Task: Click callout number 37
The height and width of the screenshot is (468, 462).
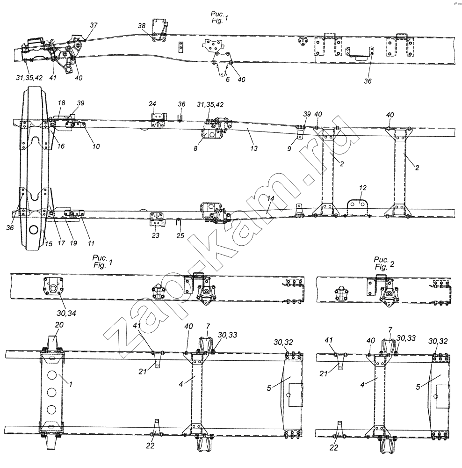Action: coord(94,25)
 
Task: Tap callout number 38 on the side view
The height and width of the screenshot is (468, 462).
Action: coord(141,26)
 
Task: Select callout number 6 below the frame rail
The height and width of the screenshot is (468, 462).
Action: coord(228,79)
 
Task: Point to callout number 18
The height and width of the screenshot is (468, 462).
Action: coord(61,103)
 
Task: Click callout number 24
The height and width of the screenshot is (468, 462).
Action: coord(152,104)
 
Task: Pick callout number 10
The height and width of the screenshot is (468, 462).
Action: coord(96,146)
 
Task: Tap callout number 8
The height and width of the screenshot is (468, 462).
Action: coord(195,148)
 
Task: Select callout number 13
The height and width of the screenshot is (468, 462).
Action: coord(254,148)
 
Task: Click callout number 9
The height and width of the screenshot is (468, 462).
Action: coord(289,148)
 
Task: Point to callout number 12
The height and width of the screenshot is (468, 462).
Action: coord(363,188)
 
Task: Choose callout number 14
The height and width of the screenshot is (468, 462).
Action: coord(271,198)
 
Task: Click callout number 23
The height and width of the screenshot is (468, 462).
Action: coord(155,235)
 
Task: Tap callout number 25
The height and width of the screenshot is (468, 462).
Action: coord(180,235)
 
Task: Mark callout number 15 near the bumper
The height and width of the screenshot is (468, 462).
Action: coord(49,244)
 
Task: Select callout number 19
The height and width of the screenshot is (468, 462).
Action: coord(73,243)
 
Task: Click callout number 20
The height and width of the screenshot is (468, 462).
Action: coord(59,325)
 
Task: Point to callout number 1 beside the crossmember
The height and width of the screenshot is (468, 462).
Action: coord(71,384)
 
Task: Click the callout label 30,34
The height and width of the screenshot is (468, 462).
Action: coord(66,313)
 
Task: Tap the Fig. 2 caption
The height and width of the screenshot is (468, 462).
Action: coord(384,263)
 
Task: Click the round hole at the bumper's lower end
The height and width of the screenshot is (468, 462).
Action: coord(33,230)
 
